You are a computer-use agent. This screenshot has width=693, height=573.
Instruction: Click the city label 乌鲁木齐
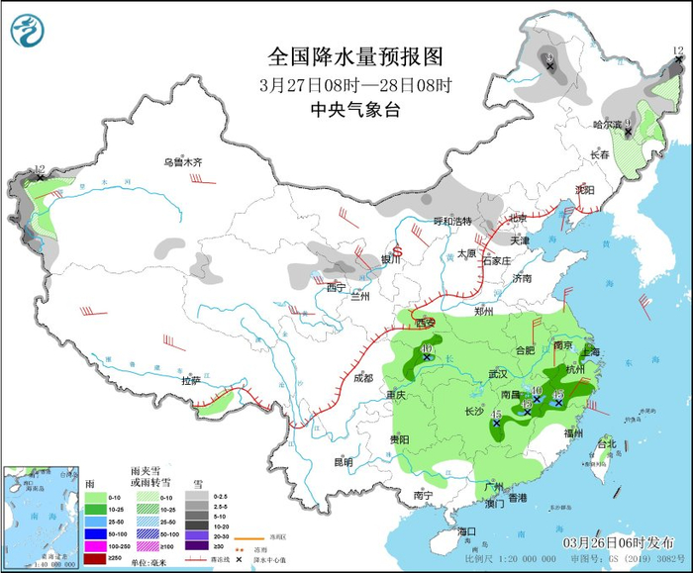coord(182,162)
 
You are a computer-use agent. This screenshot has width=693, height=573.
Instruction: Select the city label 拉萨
coord(191,380)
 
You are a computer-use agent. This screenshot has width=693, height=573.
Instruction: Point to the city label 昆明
coord(343,461)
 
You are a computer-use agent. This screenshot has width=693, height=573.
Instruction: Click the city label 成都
coord(362,377)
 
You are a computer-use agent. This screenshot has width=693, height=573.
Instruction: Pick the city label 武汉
coord(497,374)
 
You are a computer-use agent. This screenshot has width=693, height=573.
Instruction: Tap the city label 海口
coord(466,532)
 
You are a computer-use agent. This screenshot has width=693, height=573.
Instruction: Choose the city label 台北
coord(605,444)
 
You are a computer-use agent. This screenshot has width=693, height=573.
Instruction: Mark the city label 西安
coord(425,324)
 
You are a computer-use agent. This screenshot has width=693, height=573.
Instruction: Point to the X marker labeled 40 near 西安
coord(427,357)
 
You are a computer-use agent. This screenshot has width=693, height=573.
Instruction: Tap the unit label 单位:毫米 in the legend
coord(156,561)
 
